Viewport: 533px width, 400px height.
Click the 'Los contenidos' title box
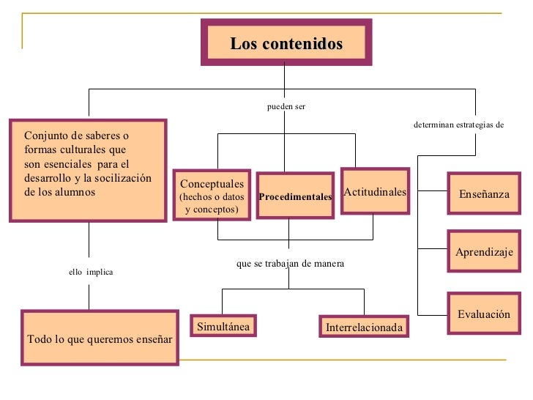pos(286,43)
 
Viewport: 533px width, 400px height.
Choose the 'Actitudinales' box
pos(374,191)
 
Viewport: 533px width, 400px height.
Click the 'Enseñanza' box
pos(483,194)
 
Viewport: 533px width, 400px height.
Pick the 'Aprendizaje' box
pos(484,252)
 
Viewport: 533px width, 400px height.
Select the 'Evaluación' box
pos(483,314)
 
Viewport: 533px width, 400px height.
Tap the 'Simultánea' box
pos(223,326)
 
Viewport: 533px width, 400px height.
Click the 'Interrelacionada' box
pos(364,327)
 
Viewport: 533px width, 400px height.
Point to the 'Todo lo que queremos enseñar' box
pos(100,338)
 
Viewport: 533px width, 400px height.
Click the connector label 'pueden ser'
pos(286,106)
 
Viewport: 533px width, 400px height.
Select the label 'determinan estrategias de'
pos(458,125)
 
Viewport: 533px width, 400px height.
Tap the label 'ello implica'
pos(91,272)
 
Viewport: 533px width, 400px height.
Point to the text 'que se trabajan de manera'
pos(290,263)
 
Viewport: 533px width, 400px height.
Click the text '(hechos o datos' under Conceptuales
pos(212,197)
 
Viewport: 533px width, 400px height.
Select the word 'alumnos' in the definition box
pos(75,192)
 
